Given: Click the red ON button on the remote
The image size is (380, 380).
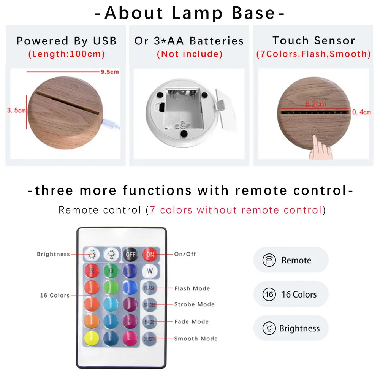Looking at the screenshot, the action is pyautogui.click(x=150, y=255).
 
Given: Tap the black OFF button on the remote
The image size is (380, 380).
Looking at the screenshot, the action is pyautogui.click(x=130, y=255).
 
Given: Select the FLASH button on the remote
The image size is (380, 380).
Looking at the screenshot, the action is pyautogui.click(x=150, y=288).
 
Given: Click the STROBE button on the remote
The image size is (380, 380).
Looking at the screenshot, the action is pyautogui.click(x=150, y=305).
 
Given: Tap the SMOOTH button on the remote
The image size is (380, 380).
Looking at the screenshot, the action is pyautogui.click(x=150, y=339).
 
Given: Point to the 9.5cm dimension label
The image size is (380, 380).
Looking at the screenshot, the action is pyautogui.click(x=110, y=72).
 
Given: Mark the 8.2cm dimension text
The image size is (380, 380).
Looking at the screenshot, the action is pyautogui.click(x=315, y=104).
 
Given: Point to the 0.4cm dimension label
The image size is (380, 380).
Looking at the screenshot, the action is pyautogui.click(x=361, y=112).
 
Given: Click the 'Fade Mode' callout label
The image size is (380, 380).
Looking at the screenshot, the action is pyautogui.click(x=191, y=322).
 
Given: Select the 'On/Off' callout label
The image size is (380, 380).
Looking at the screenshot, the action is pyautogui.click(x=185, y=254).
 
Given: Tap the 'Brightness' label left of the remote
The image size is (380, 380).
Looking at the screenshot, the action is pyautogui.click(x=53, y=254).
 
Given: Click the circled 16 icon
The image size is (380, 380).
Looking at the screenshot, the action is pyautogui.click(x=269, y=294).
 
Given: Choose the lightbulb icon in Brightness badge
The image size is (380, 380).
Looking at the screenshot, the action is pyautogui.click(x=269, y=328).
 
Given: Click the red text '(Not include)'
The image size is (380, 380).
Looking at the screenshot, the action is pyautogui.click(x=189, y=54).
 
